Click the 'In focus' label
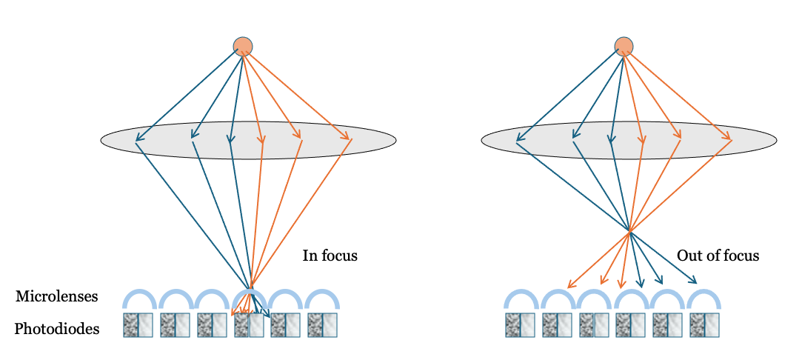click(x=330, y=256)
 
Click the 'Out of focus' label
click(x=718, y=256)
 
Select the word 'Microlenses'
click(x=56, y=296)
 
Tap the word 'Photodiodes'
click(x=57, y=329)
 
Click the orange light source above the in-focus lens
click(x=243, y=46)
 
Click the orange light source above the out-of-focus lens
click(x=624, y=46)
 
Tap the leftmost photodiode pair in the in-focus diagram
click(x=138, y=325)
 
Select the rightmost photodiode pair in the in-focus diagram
click(x=322, y=325)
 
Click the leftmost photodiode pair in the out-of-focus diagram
click(x=520, y=325)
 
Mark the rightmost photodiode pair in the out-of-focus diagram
click(x=704, y=325)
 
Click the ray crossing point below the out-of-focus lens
click(x=629, y=233)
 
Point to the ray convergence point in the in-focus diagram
click(x=250, y=287)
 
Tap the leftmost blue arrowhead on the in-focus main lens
click(x=138, y=139)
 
